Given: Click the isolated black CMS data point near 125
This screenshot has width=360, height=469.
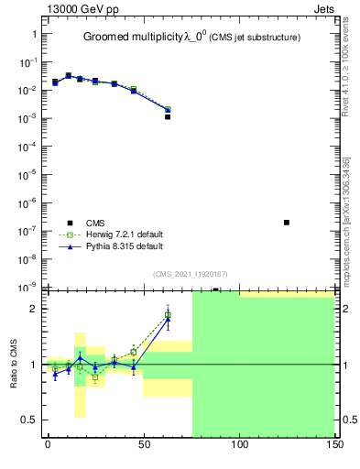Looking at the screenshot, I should coord(287,223).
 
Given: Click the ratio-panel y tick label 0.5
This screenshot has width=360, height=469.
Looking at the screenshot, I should coord(27,420).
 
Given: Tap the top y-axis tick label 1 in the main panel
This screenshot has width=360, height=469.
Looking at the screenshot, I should coord(33,34).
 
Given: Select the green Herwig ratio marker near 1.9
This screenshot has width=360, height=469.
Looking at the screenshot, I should coord(168,315).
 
